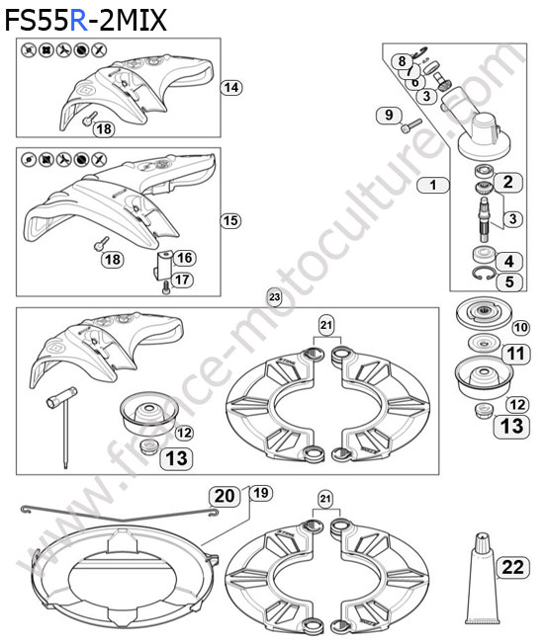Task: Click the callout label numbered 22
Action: (513, 567)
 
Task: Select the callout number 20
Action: (225, 496)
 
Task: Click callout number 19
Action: (261, 493)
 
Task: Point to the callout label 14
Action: (231, 87)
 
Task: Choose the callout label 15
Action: (230, 220)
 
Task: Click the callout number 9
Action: (389, 115)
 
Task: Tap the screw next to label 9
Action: (410, 125)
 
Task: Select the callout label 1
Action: (433, 185)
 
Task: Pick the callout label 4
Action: (508, 261)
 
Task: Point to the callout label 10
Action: (520, 327)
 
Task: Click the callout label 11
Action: (515, 354)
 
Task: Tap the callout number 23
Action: (274, 296)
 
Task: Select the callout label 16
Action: (185, 258)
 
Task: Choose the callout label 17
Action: (182, 280)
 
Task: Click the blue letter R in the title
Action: (79, 21)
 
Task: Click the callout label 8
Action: (402, 61)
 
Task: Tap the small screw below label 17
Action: (166, 287)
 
